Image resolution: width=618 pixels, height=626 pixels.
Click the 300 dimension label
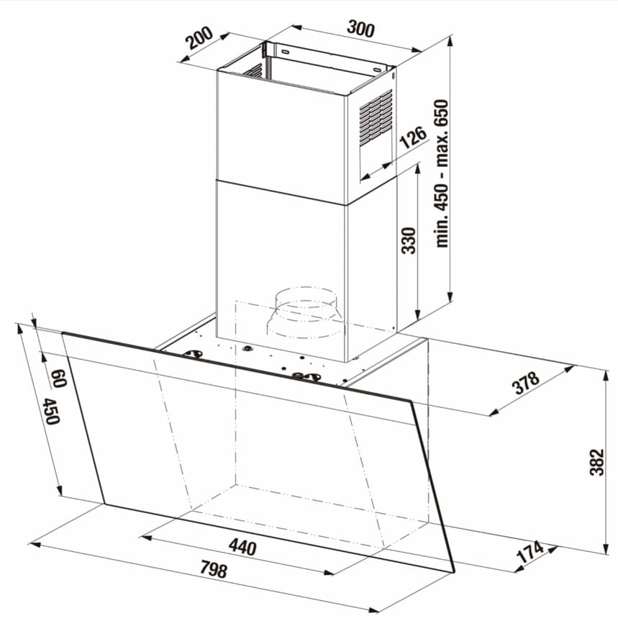[x=360, y=29]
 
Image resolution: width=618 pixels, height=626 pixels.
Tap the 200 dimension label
[x=199, y=37]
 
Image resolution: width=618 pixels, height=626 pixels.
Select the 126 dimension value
[x=413, y=137]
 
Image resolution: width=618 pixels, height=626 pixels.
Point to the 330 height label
[x=409, y=241]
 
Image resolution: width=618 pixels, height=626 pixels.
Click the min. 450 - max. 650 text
[x=442, y=173]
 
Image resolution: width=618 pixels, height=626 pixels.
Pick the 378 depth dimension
[x=526, y=383]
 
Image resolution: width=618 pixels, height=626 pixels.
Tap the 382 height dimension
[x=597, y=463]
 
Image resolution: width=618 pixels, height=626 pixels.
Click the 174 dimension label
[x=530, y=552]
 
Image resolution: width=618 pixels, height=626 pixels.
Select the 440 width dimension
[x=242, y=547]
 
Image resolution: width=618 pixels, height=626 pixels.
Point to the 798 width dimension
[x=214, y=569]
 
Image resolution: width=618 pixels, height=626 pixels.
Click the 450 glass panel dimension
[x=51, y=411]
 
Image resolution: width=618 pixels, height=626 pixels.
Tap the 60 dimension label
[x=59, y=378]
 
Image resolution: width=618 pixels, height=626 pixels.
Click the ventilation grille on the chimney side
[x=376, y=117]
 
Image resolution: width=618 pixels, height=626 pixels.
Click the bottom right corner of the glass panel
[x=454, y=572]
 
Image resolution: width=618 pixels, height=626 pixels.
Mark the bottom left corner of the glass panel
[x=105, y=504]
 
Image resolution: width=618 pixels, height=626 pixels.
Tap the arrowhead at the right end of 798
[x=374, y=610]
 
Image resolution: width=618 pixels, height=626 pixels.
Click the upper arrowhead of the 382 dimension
[x=606, y=376]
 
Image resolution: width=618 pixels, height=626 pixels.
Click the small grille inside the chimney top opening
[x=254, y=71]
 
